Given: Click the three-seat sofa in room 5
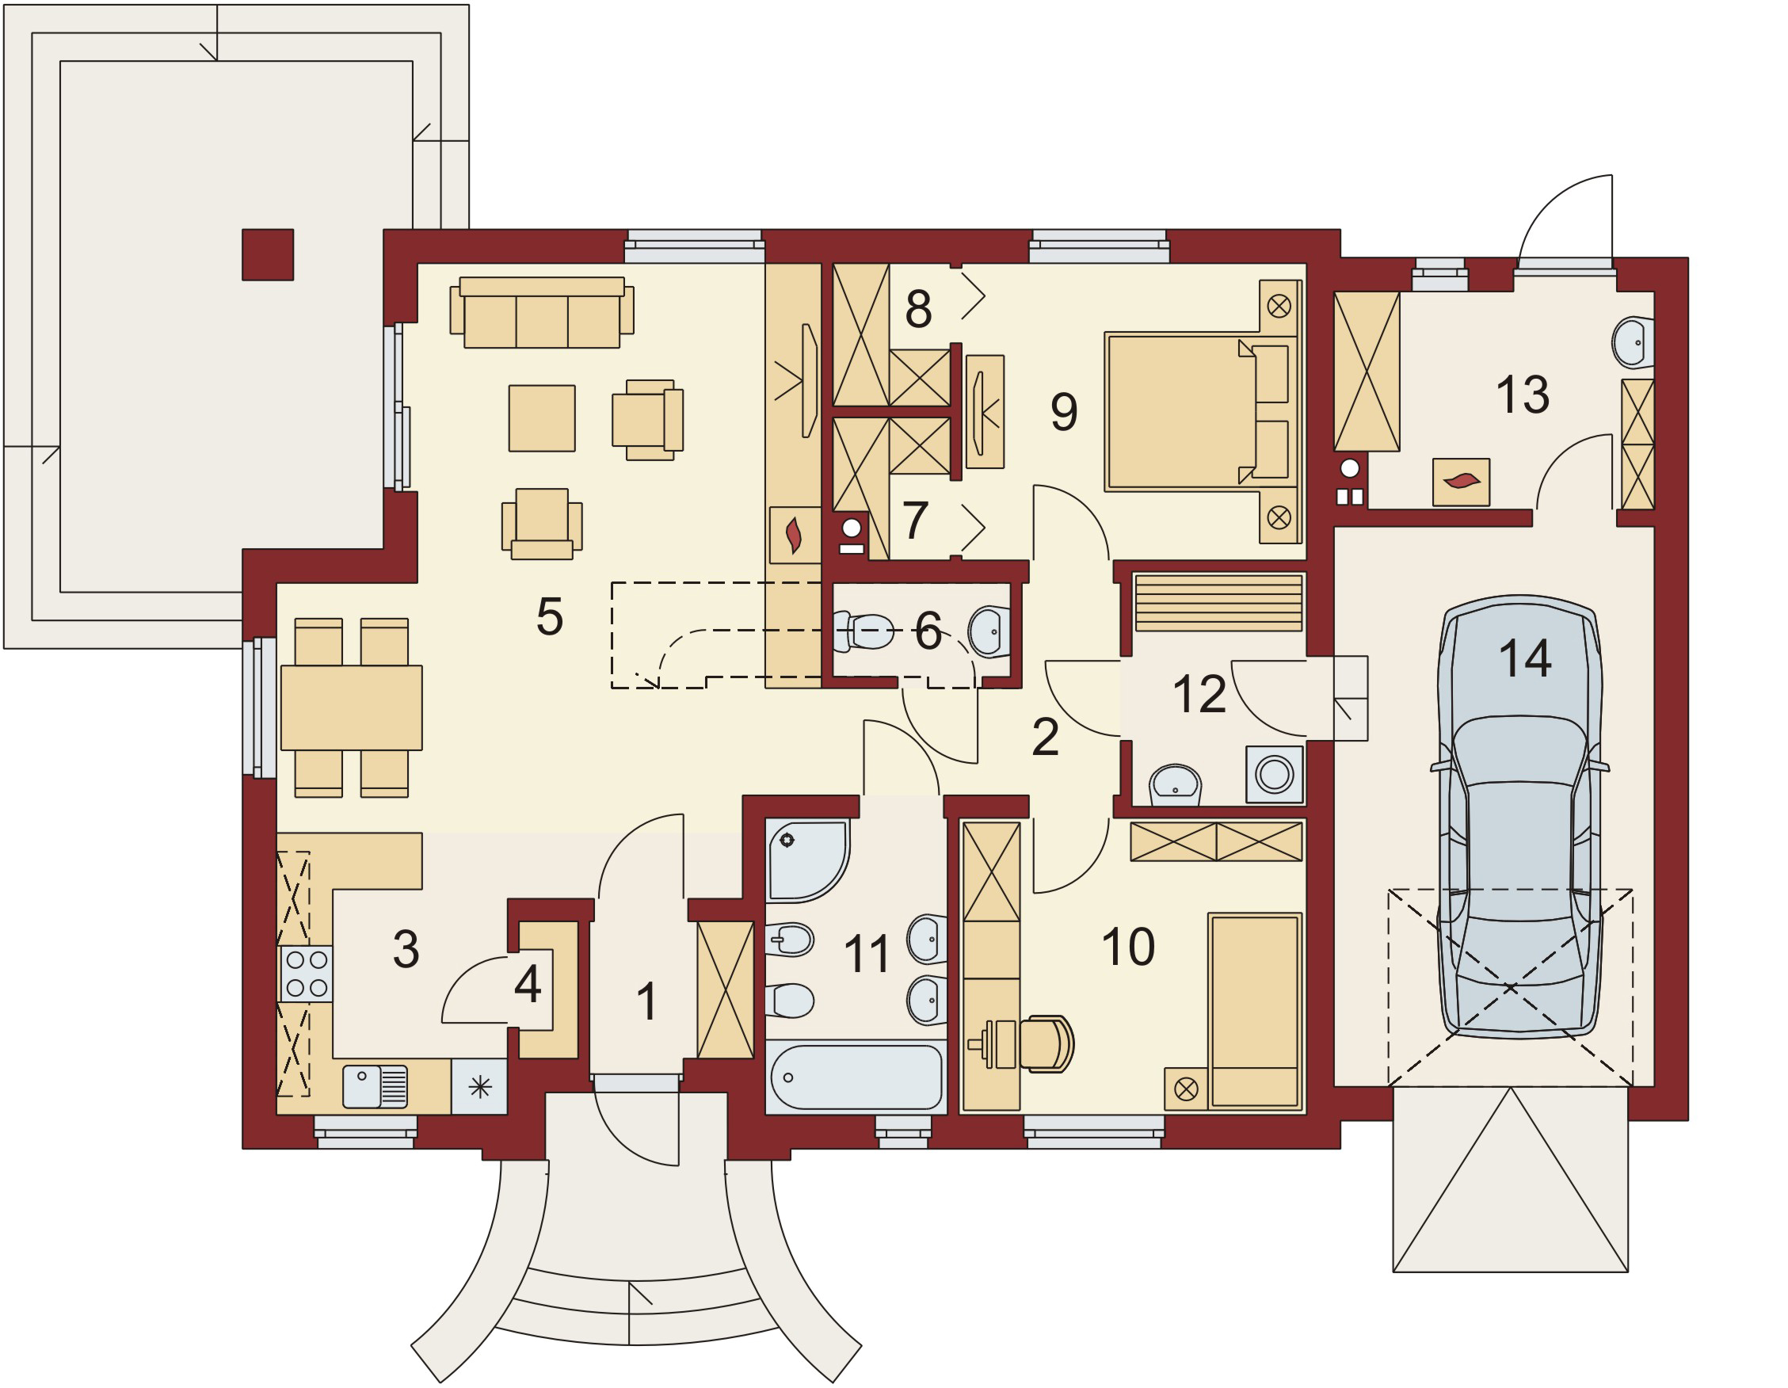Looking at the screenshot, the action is pos(542,312).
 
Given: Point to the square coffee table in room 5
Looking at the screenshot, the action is pos(542,418).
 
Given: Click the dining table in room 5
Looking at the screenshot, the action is pos(351,707).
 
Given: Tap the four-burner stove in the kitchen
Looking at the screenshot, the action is pos(307,974).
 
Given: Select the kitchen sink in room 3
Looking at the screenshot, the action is pos(375,1086).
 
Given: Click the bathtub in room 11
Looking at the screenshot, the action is pos(856,1077).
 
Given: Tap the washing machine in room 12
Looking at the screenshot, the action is pos(1275,774).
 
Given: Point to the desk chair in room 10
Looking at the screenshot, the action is pos(1047,1043).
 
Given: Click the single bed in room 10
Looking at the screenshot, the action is pos(1255,1012).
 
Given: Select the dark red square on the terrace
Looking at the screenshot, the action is pos(268,254).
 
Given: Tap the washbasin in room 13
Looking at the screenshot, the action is pos(1633,342).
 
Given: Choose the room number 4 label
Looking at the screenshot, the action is pos(528,984).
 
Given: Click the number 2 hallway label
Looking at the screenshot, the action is pos(1046,737).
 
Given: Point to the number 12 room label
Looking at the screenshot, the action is pos(1199,695).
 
